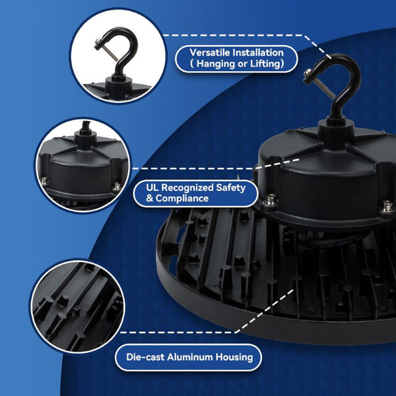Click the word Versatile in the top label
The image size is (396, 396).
click(210, 53)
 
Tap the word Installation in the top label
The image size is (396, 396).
click(258, 53)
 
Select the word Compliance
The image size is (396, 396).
click(182, 198)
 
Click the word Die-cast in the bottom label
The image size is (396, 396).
click(145, 357)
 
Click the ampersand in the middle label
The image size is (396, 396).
click(150, 198)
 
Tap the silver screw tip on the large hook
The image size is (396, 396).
click(308, 73)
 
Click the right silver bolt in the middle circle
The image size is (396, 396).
click(117, 187)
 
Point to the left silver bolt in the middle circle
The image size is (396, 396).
click(44, 181)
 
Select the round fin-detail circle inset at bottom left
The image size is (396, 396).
click(78, 306)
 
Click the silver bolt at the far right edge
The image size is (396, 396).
click(387, 207)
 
